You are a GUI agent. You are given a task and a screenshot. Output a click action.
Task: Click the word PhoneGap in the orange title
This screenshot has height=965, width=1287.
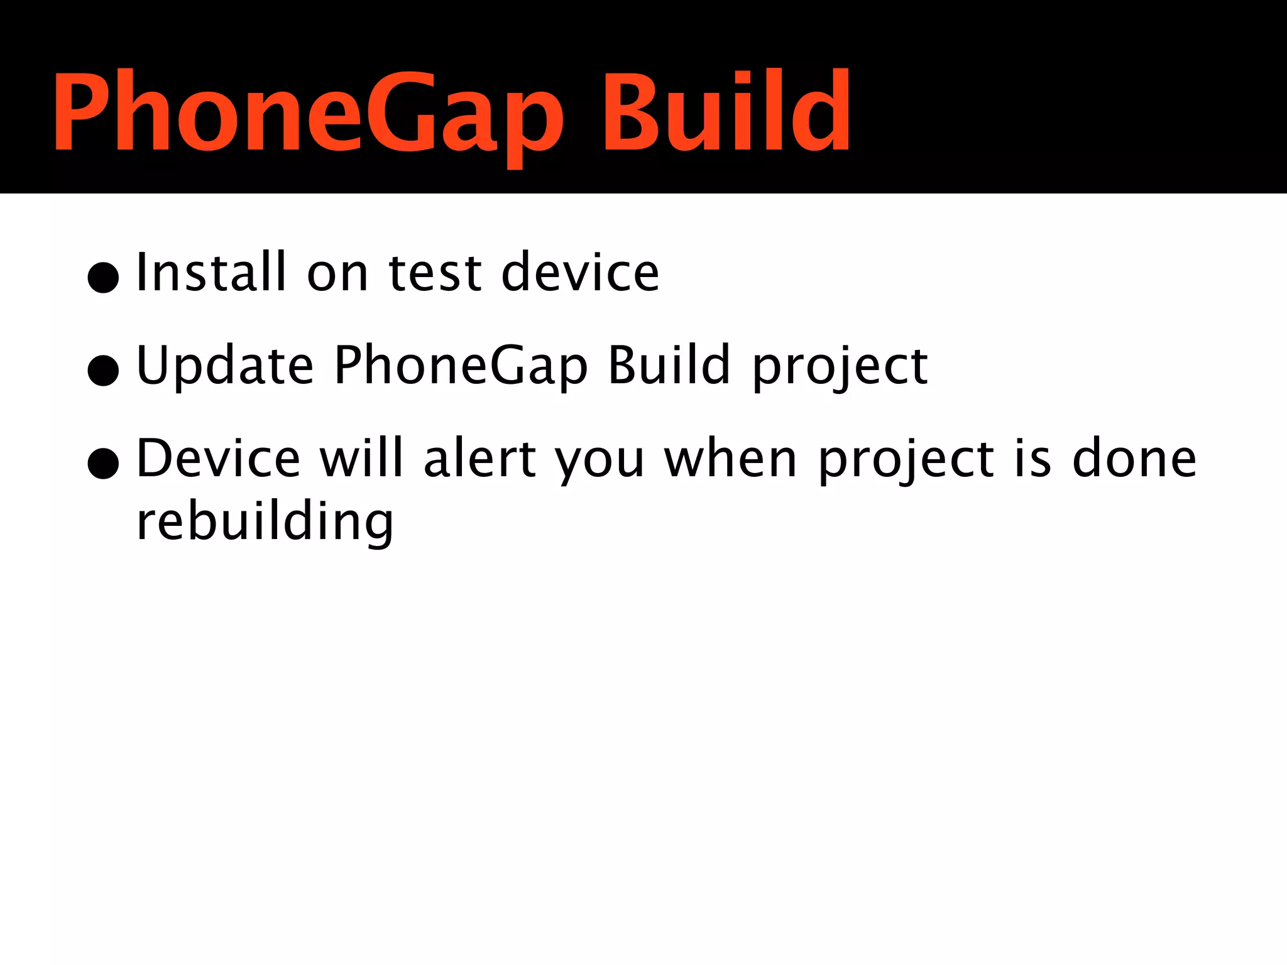pyautogui.click(x=308, y=113)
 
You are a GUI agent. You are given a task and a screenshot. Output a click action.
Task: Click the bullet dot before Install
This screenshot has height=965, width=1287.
pyautogui.click(x=104, y=277)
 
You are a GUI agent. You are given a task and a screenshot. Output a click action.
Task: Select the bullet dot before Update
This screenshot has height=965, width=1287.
pyautogui.click(x=104, y=370)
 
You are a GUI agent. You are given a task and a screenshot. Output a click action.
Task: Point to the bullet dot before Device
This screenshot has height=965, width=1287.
pyautogui.click(x=104, y=464)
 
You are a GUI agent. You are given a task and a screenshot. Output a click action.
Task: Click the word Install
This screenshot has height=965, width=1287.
pyautogui.click(x=211, y=272)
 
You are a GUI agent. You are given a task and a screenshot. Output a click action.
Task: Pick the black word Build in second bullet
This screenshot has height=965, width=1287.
pyautogui.click(x=669, y=365)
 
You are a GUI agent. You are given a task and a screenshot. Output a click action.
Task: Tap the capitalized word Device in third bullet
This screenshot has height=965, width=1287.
pyautogui.click(x=218, y=459)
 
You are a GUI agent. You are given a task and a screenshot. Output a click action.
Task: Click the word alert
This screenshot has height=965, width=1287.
pyautogui.click(x=479, y=459)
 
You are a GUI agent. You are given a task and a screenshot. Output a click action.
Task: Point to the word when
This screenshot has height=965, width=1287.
pyautogui.click(x=730, y=459)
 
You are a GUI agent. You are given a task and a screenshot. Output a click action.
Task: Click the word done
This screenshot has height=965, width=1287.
pyautogui.click(x=1134, y=459)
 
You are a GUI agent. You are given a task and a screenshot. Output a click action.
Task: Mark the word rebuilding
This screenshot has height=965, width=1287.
pyautogui.click(x=265, y=523)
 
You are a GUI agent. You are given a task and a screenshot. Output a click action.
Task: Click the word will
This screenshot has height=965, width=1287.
pyautogui.click(x=361, y=459)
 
